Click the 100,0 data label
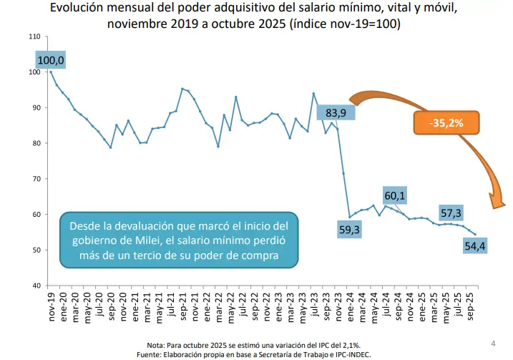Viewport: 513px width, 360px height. [51, 62]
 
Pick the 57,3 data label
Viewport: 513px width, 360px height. [451, 213]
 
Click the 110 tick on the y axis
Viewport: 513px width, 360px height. [34, 36]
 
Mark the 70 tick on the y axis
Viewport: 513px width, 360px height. [36, 179]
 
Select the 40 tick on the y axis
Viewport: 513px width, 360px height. [36, 286]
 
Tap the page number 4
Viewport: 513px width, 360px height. [493, 341]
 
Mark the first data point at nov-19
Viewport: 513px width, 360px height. [51, 72]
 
